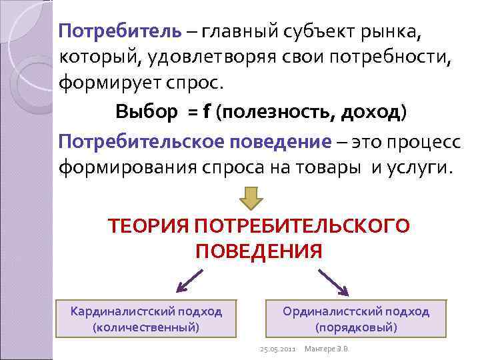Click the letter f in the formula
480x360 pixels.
pos(207,111)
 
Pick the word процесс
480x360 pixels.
pos(419,141)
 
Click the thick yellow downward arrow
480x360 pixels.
pos(251,199)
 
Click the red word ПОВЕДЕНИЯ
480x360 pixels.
pos(259,251)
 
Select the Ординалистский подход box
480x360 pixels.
pos(356,319)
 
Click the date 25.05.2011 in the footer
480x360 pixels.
pos(277,349)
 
